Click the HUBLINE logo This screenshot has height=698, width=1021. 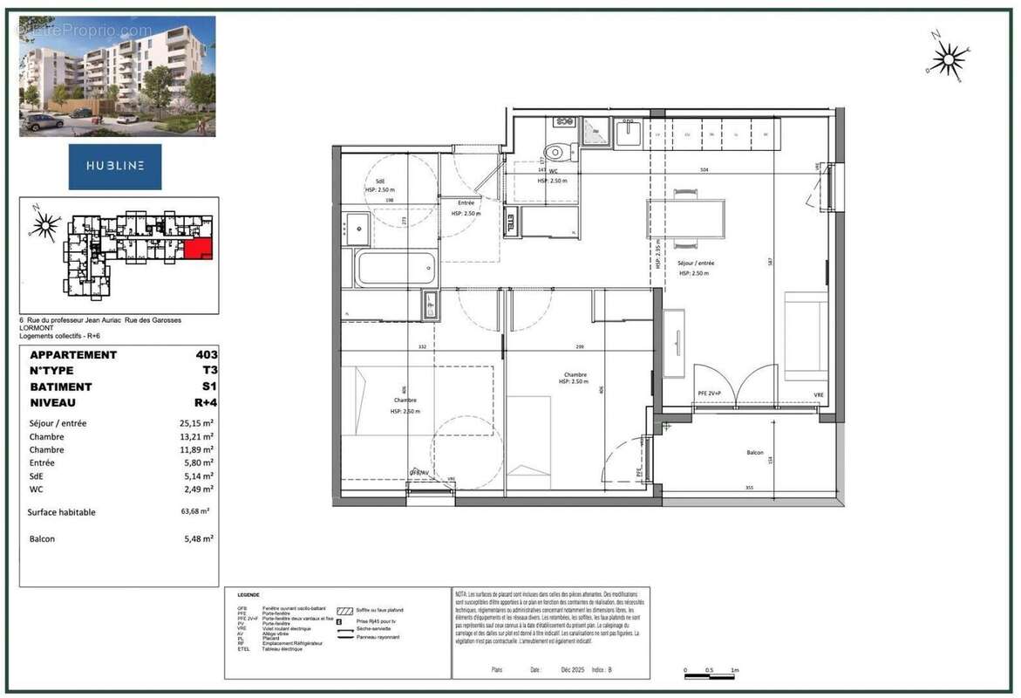click(x=115, y=166)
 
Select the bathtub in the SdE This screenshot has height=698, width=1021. click(x=395, y=268)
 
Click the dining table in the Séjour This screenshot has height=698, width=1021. click(x=685, y=218)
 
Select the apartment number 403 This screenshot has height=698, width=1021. click(x=207, y=355)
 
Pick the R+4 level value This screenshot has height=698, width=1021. click(x=206, y=403)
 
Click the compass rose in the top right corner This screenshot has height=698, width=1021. click(x=947, y=58)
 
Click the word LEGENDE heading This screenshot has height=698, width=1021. click(x=248, y=595)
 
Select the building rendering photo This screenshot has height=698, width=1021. click(x=117, y=77)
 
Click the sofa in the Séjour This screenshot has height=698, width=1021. click(x=806, y=336)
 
